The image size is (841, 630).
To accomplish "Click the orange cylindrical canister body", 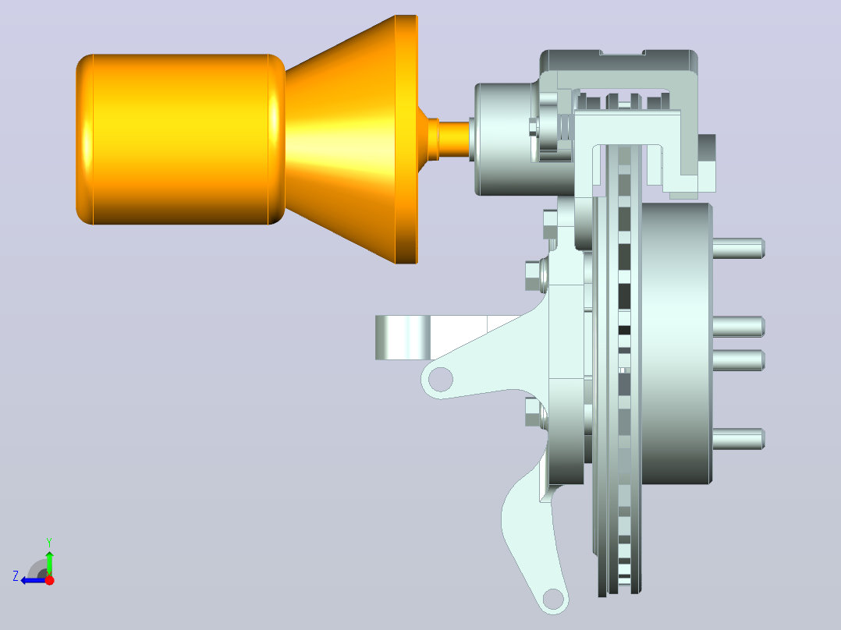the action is click(x=180, y=139).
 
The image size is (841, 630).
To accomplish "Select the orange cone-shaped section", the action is click(x=351, y=140).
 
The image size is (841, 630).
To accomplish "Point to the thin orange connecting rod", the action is click(x=454, y=139).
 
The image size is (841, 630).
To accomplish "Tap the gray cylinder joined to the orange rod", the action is click(x=504, y=139).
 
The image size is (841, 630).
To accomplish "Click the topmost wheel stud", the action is click(x=739, y=248).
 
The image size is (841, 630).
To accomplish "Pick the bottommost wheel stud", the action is click(x=739, y=439).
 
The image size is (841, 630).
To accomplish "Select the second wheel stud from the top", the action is click(x=739, y=327).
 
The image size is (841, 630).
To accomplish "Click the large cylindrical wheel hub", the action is click(x=676, y=343).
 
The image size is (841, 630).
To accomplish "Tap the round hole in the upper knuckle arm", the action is click(x=441, y=379).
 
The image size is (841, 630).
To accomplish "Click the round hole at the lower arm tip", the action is click(x=553, y=599).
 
